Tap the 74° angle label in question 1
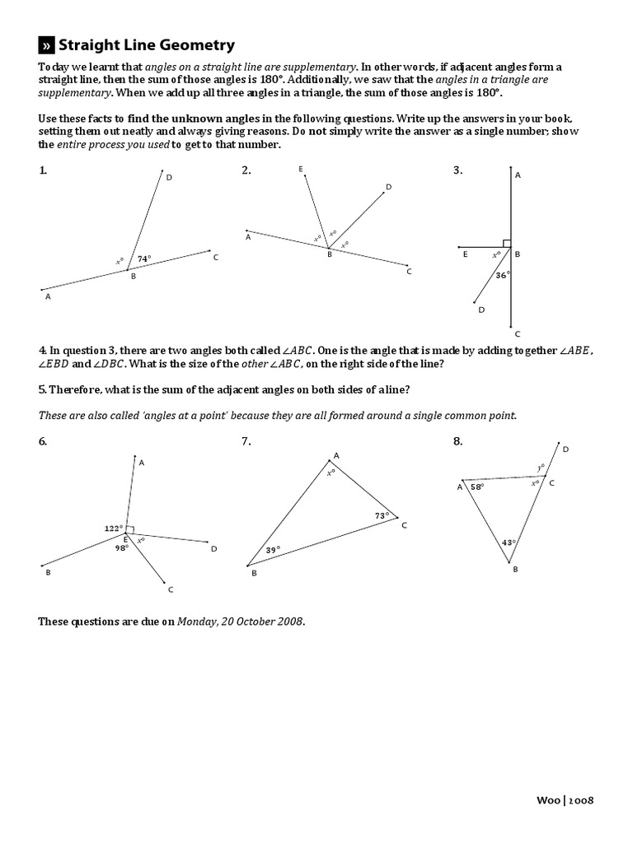tap(144, 258)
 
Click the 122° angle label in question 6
tap(113, 528)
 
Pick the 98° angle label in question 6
tap(122, 547)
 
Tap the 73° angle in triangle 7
tap(381, 515)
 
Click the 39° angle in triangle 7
tap(273, 550)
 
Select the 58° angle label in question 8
tap(476, 487)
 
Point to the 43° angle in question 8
tap(509, 542)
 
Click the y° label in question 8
tap(541, 467)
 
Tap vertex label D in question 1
tap(169, 177)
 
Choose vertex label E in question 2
tap(301, 169)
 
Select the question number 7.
tap(246, 441)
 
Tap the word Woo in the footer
tap(549, 799)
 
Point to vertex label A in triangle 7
tap(335, 455)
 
